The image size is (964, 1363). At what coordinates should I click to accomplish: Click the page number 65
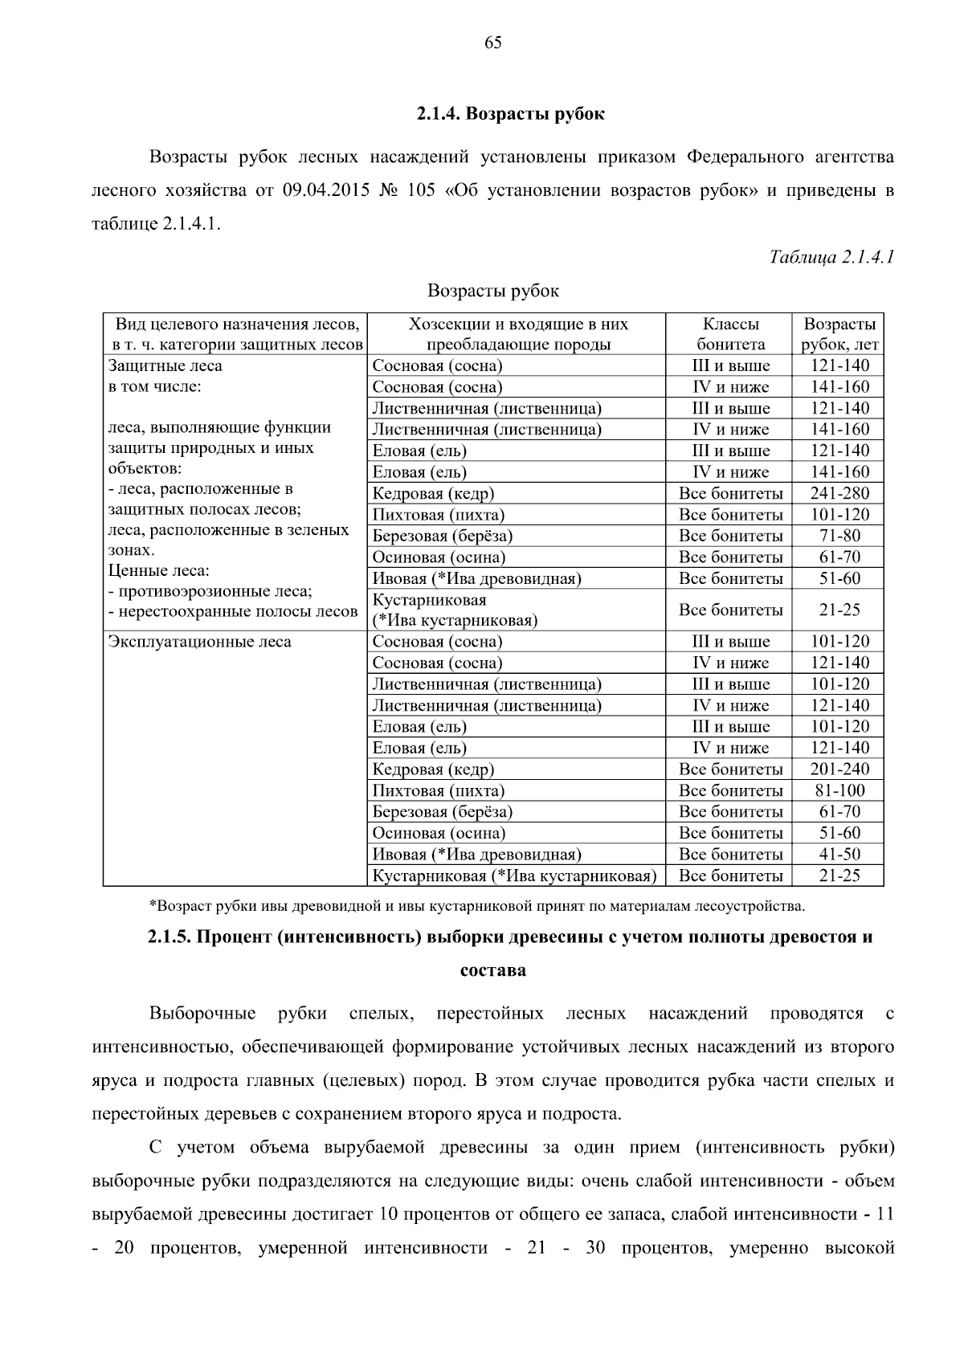(493, 43)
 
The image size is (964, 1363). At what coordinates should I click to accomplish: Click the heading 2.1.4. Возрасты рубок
(510, 113)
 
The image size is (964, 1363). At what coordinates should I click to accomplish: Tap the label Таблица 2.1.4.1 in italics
(831, 257)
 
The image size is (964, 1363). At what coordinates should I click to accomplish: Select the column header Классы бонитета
(730, 334)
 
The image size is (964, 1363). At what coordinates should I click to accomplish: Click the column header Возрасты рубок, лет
(839, 334)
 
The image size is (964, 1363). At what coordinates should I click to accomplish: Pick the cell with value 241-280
(839, 493)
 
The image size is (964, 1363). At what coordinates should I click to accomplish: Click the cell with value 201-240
(839, 769)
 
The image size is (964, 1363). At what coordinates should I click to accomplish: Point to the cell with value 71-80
(839, 536)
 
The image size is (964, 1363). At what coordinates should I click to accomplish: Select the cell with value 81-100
(839, 790)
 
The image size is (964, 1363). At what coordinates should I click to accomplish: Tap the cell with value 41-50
(839, 854)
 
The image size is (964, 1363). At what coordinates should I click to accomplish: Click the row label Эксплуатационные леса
(200, 642)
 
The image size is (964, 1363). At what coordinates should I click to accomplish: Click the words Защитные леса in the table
(165, 366)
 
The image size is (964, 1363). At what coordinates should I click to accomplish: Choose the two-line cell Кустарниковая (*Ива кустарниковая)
(455, 610)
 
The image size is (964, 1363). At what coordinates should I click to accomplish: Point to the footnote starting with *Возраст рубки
(477, 906)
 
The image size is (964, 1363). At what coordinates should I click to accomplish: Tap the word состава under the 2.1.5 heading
(492, 970)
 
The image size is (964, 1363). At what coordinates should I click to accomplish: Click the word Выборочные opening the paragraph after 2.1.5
(202, 1014)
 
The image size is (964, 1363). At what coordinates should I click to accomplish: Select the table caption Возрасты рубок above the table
(492, 291)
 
